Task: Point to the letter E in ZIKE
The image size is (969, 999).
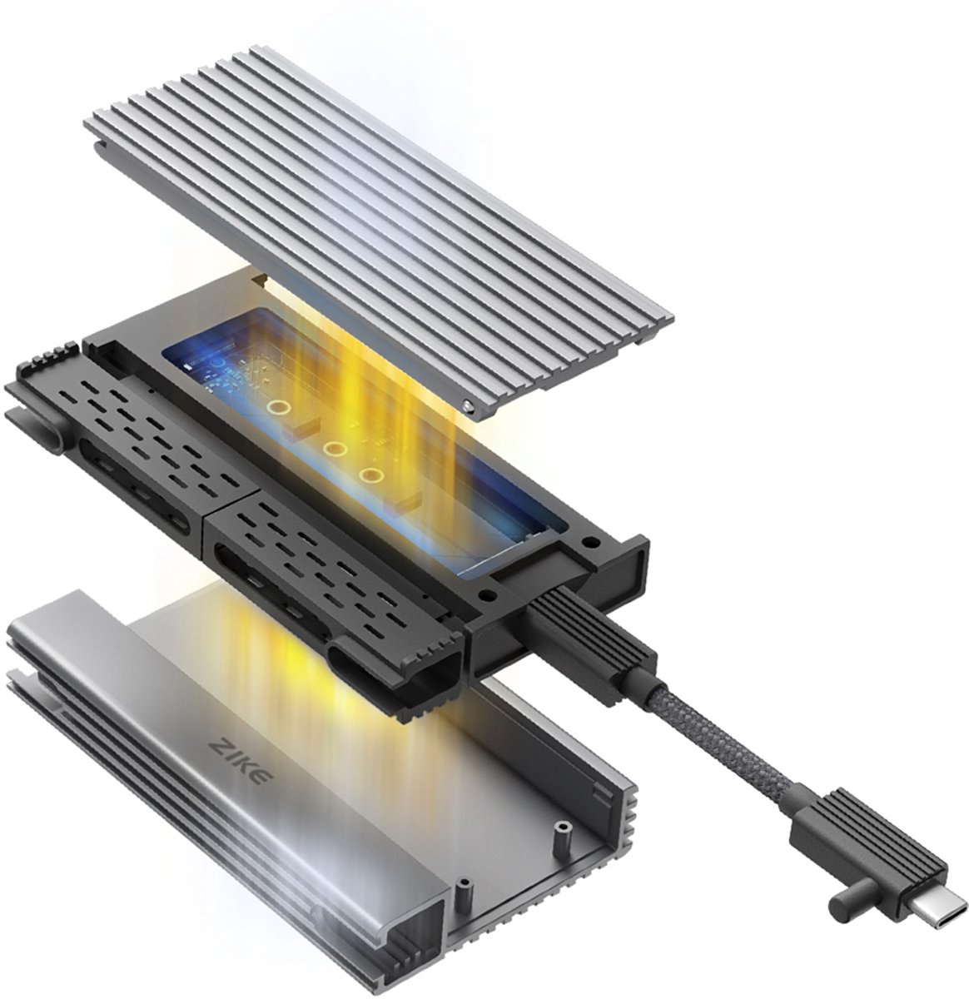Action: (264, 778)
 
